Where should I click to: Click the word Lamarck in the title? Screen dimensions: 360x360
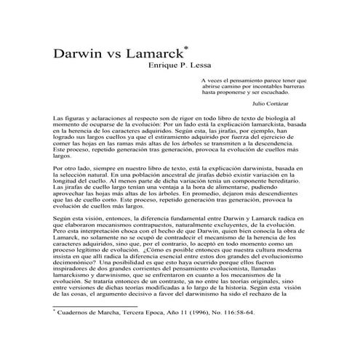pyautogui.click(x=151, y=56)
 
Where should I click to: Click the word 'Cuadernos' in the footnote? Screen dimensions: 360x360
pyautogui.click(x=76, y=333)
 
